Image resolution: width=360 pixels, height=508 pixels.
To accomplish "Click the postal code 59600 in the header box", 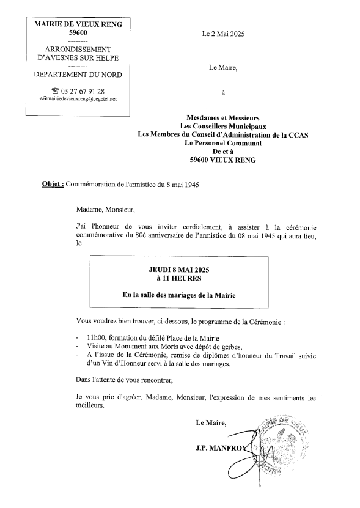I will (78, 33).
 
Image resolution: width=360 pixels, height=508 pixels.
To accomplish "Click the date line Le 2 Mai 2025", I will (222, 35).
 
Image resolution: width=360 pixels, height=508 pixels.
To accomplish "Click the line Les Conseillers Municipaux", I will (222, 125).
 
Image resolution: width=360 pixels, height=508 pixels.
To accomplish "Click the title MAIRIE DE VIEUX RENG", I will (78, 24).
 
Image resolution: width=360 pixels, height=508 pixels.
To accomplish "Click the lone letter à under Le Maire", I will (222, 93).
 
